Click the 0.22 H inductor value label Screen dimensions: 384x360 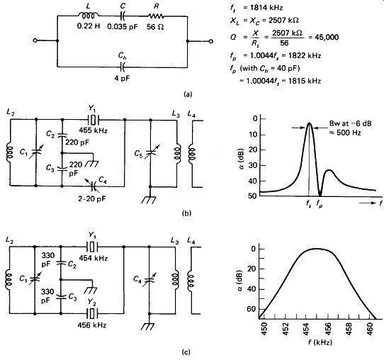[89, 26]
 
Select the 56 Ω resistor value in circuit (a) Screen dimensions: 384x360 [155, 26]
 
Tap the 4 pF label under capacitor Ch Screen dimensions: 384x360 [122, 79]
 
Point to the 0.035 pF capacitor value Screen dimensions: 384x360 [123, 26]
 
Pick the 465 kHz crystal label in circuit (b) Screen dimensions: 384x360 [93, 130]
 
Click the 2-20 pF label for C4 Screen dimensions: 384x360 [92, 198]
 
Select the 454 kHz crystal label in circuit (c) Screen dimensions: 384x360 [94, 258]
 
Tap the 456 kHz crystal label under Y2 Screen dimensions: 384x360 [92, 325]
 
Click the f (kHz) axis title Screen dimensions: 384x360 [320, 342]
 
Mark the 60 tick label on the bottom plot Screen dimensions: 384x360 [250, 309]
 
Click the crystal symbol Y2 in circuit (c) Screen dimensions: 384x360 [92, 313]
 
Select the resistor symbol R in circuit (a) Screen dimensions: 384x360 [156, 16]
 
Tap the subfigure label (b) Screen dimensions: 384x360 [187, 213]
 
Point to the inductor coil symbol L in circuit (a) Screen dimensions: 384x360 [89, 15]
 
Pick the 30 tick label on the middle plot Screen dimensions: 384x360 [254, 166]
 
